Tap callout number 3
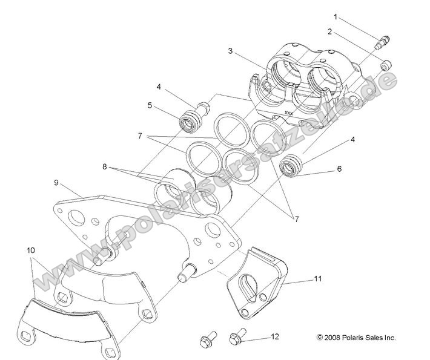click(231, 51)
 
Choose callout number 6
click(339, 169)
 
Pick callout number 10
click(30, 249)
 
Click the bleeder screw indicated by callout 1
click(382, 42)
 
